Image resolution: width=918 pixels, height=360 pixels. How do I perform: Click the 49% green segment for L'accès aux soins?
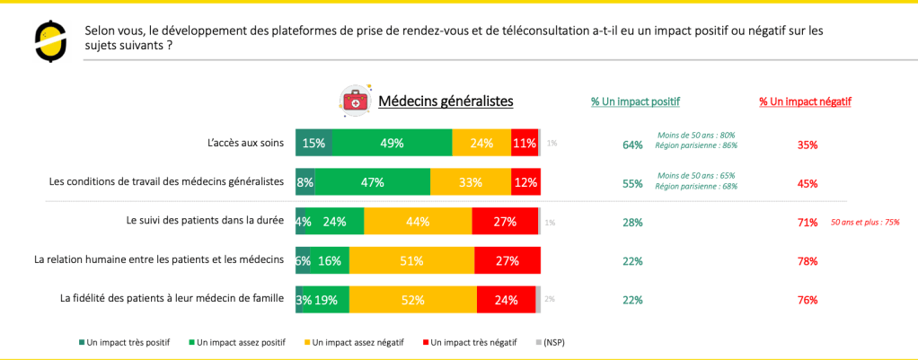point(393,143)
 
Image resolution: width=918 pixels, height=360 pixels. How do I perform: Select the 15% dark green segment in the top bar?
point(313,143)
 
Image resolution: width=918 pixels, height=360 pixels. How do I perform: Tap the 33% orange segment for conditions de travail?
point(471,182)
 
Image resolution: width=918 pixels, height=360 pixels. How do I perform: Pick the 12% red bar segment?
point(525,182)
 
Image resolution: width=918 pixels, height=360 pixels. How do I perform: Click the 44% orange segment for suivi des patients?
point(418,221)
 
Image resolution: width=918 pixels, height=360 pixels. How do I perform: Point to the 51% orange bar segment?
point(412,260)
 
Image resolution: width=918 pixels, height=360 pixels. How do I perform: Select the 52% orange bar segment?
point(413,300)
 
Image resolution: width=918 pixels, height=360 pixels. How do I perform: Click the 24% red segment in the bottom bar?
point(507,300)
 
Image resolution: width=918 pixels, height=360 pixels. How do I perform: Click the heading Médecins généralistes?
point(446,101)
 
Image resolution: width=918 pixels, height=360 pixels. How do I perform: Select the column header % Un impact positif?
point(635,101)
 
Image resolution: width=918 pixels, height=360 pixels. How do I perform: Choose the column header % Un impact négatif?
point(806,101)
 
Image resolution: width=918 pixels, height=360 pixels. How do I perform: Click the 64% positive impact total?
point(633,145)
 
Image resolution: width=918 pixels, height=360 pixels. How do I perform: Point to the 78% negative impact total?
point(808,261)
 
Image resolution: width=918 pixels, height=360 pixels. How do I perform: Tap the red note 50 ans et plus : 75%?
point(865,223)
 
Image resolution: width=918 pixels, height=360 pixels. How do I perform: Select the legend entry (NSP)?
point(550,342)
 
